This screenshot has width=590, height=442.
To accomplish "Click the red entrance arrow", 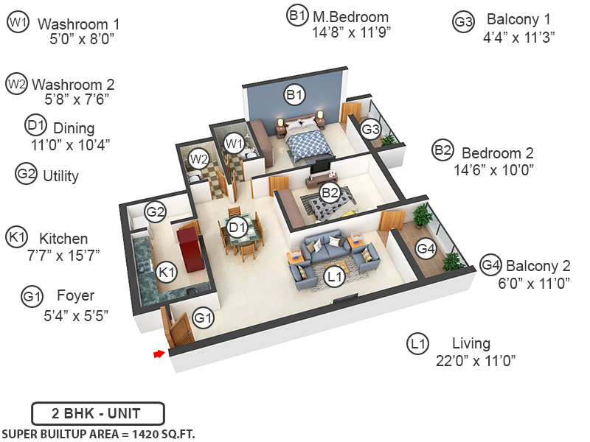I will (x=158, y=354).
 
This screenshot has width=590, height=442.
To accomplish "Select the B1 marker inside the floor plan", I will (x=295, y=94).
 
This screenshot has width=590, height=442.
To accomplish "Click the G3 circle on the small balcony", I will (x=370, y=130).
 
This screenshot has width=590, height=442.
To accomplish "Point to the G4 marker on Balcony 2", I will (x=426, y=248).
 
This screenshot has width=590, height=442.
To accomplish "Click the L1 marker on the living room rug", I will (x=335, y=276).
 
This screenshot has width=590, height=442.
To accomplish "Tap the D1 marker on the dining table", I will (x=237, y=228).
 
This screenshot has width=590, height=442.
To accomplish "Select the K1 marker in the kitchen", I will (x=167, y=272).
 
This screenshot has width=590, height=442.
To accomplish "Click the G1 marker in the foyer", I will (x=203, y=318).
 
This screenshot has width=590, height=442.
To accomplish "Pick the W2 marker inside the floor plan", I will (x=198, y=158).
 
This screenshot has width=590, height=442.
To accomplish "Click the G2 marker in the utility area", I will (x=155, y=212).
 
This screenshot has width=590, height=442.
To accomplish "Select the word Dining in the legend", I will (x=74, y=128).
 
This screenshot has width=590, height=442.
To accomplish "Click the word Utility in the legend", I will (x=60, y=176).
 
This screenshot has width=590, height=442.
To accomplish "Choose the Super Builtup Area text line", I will (x=99, y=434).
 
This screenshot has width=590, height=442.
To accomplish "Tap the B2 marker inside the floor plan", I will (x=329, y=193).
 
